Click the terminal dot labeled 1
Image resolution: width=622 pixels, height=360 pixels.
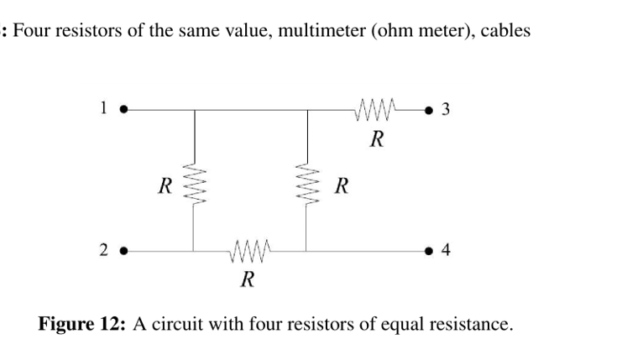124,109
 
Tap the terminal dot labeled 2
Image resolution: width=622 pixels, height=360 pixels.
124,251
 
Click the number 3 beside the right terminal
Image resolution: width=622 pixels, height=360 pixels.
445,109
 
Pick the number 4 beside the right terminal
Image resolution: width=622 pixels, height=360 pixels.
445,251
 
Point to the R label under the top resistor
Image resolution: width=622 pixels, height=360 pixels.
376,138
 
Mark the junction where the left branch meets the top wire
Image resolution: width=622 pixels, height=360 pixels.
195,109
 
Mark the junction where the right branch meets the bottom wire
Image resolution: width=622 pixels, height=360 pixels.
306,251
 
